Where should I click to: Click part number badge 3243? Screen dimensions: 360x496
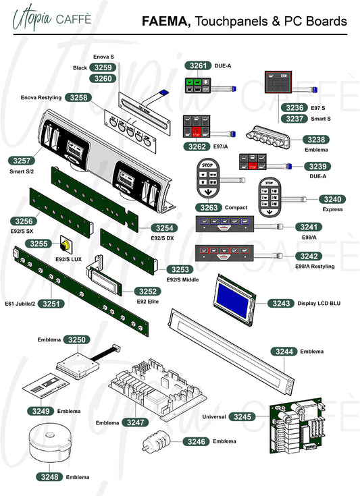click(x=281, y=304)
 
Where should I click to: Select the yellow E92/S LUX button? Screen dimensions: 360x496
click(x=66, y=244)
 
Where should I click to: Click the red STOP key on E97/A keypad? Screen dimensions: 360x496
click(x=197, y=132)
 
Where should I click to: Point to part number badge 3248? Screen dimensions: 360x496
click(x=49, y=476)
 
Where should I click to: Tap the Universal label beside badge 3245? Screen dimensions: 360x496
click(x=214, y=416)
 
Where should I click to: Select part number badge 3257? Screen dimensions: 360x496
click(x=22, y=161)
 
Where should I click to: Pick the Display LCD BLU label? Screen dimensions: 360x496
click(x=319, y=304)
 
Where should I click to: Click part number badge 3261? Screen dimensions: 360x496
click(x=198, y=66)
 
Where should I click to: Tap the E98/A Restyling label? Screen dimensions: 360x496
click(x=315, y=267)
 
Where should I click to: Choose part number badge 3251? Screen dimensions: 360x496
click(x=51, y=304)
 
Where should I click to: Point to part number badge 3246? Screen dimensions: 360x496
click(x=197, y=441)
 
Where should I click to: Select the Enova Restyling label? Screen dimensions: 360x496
click(x=41, y=97)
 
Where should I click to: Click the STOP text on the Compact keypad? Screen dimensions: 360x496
click(x=207, y=165)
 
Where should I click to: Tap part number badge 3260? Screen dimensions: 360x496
click(x=103, y=78)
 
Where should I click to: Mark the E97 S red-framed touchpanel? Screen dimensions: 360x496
click(x=278, y=82)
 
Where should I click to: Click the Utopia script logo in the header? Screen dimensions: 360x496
click(x=32, y=18)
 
